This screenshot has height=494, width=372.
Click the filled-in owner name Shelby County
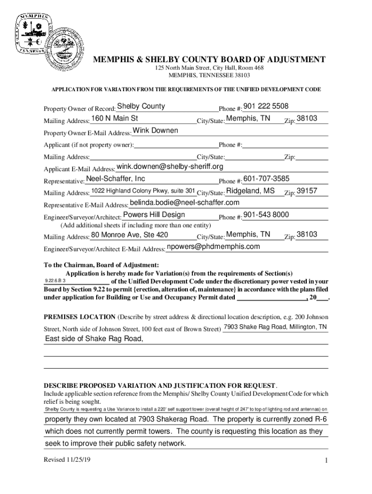141,107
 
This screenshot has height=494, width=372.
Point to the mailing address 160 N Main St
114,119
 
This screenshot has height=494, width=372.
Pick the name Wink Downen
155,131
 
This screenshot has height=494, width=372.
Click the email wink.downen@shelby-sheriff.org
170,167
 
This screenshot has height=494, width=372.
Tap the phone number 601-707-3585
267,179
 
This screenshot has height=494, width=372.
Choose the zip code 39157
307,191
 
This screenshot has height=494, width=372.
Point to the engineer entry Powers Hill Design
154,215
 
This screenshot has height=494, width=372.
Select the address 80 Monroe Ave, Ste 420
130,235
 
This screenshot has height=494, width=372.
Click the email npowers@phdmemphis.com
213,247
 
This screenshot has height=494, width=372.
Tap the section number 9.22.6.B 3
56,281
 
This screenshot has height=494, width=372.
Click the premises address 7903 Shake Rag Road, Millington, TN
275,328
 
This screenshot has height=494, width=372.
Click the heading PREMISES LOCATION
80,317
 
